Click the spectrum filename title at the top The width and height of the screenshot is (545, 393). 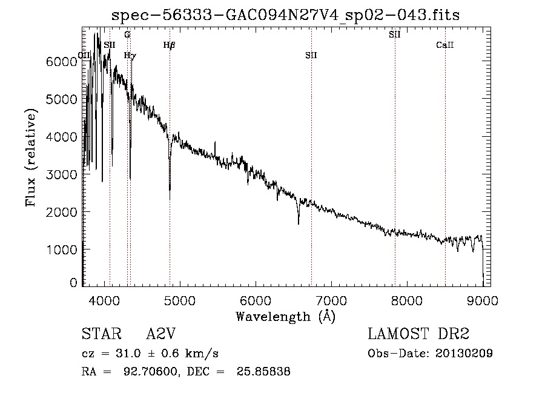[x=286, y=15]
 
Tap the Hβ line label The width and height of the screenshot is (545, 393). [x=169, y=45]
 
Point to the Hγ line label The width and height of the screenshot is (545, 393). [x=130, y=55]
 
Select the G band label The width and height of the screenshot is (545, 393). [x=127, y=35]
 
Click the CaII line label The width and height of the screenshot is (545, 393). [x=445, y=45]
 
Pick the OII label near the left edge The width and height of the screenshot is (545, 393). [x=84, y=55]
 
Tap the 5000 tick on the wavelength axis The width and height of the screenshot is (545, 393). [x=179, y=299]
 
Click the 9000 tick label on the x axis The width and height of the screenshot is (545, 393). [x=482, y=299]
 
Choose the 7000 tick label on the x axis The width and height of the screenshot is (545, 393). [x=331, y=299]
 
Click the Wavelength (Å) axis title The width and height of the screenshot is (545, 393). [x=285, y=316]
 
